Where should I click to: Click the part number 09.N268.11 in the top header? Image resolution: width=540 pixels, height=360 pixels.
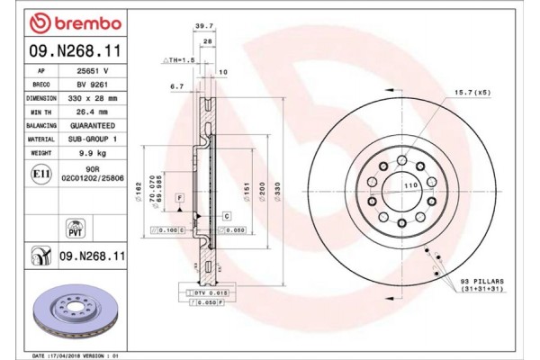(67, 51)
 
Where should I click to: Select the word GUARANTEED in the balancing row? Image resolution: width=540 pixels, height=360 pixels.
(92, 125)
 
